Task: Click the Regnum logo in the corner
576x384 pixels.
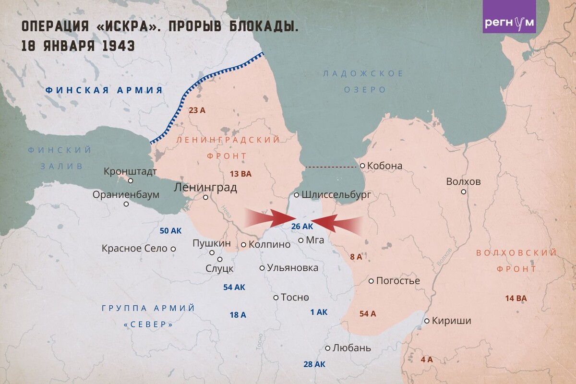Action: (x=509, y=23)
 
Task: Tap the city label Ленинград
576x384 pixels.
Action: (x=205, y=187)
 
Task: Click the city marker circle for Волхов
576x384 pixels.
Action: (x=464, y=192)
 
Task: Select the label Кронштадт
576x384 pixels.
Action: (x=130, y=171)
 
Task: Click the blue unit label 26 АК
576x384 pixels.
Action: (x=302, y=226)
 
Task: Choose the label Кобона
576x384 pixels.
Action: (x=384, y=166)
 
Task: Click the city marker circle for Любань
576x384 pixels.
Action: (x=328, y=348)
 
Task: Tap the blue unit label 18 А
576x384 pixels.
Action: (x=238, y=315)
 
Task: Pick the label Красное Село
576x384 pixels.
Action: (x=134, y=249)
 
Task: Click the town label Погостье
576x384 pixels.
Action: (x=398, y=281)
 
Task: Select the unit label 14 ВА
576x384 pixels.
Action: (x=516, y=298)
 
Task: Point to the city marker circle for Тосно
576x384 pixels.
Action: (x=276, y=297)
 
